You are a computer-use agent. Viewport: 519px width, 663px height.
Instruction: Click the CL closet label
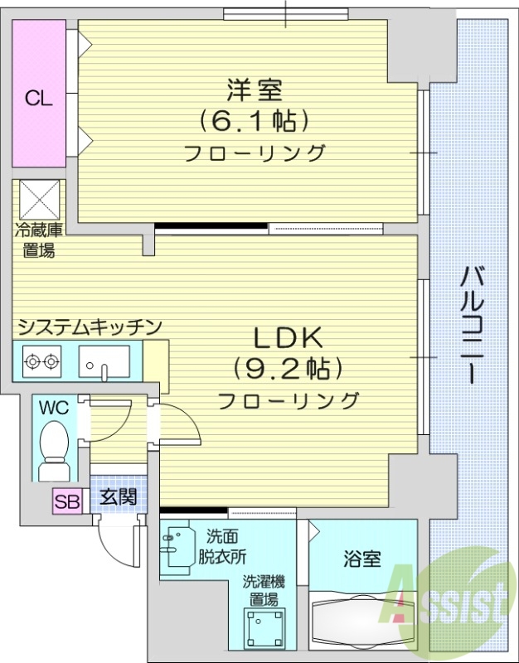tap(38, 99)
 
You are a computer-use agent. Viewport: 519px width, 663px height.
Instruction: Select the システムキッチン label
tap(89, 327)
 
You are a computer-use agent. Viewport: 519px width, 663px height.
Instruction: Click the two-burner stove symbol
tap(41, 361)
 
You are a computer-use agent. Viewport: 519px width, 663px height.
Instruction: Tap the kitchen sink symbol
tap(104, 362)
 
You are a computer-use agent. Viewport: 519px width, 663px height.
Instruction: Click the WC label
tap(53, 409)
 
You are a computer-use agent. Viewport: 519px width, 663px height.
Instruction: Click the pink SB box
tap(66, 501)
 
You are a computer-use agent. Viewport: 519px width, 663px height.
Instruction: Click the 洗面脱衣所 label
tap(221, 547)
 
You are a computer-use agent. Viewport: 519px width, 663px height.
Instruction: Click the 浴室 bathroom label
tap(361, 559)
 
